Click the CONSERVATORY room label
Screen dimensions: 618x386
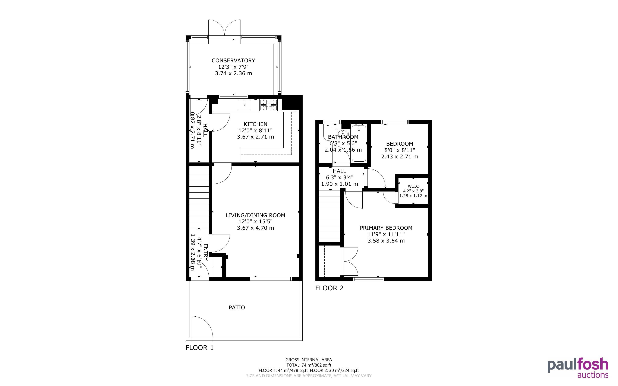(233, 60)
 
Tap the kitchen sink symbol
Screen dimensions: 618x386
(244, 105)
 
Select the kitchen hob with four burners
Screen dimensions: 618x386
(269, 105)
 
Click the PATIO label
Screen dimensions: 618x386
(237, 307)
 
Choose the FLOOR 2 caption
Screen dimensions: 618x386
(329, 288)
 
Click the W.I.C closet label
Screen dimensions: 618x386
(413, 186)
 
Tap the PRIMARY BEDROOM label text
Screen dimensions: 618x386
(386, 228)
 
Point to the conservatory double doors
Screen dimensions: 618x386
(224, 28)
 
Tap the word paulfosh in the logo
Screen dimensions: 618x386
(578, 366)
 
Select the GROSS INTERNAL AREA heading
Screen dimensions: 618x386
(309, 360)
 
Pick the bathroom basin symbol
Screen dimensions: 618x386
(343, 133)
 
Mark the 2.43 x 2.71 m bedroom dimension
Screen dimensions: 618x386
(400, 156)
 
